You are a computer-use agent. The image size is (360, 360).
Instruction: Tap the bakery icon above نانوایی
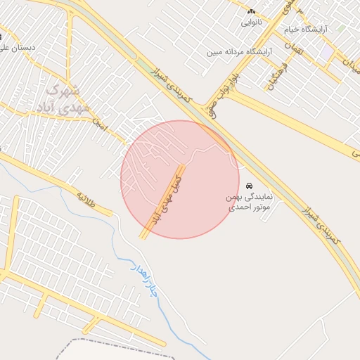[x=251, y=11]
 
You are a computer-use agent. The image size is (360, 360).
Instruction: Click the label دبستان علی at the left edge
[x=18, y=47]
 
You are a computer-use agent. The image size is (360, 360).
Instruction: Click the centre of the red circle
[x=180, y=179]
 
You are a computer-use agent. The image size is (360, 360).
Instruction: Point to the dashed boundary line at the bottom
[x=112, y=342]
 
